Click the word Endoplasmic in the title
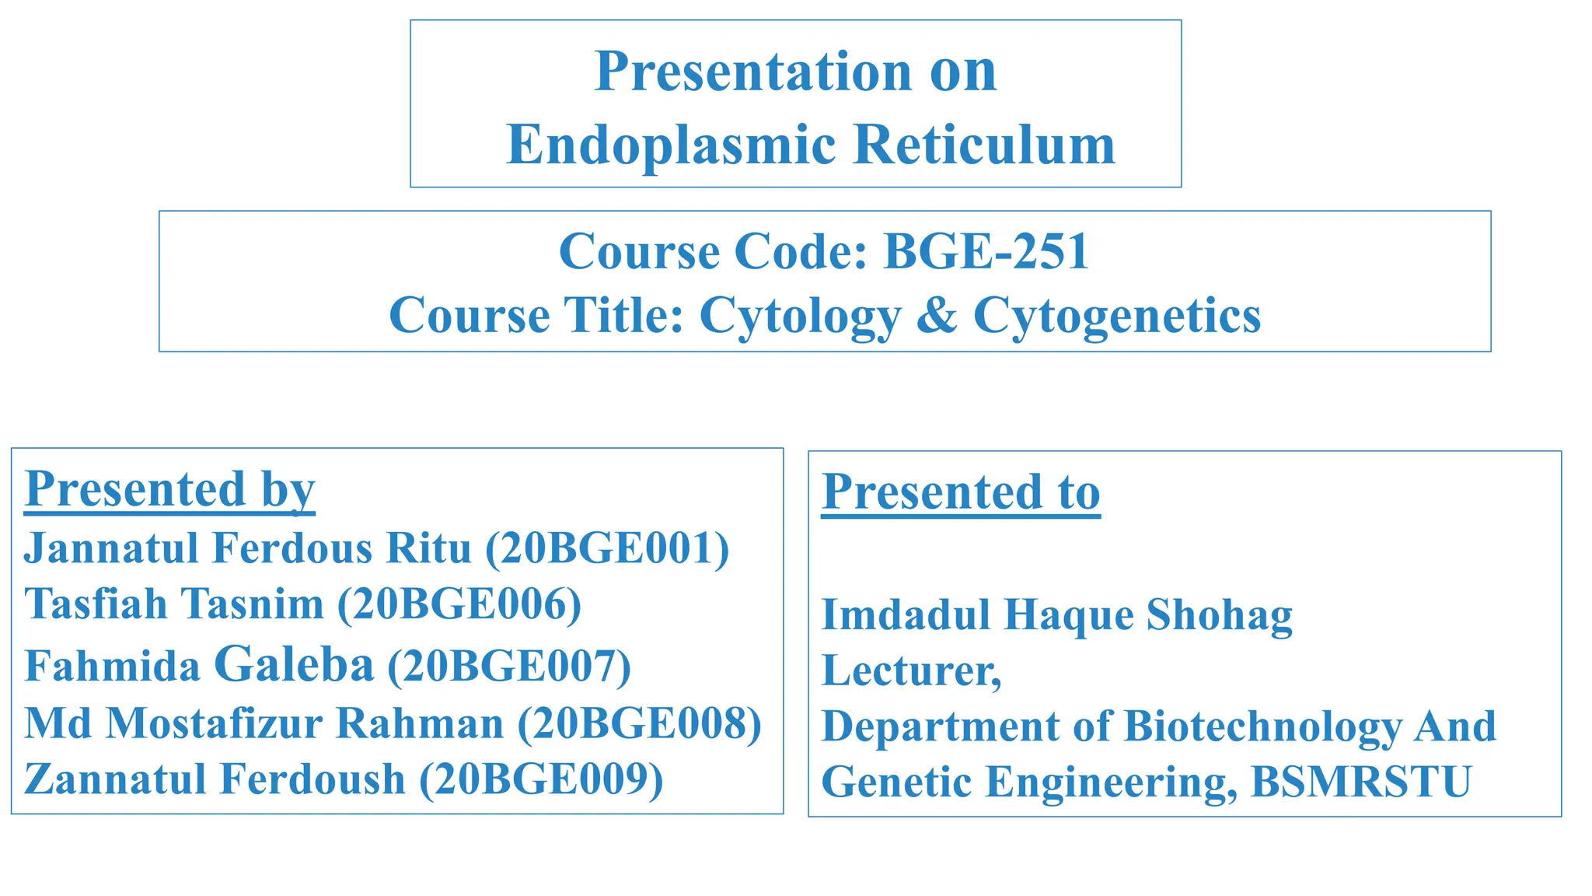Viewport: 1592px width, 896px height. tap(670, 145)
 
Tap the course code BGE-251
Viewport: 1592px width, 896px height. tap(986, 251)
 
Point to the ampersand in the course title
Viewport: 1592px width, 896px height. tap(937, 315)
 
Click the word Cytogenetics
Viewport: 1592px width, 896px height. tap(1117, 316)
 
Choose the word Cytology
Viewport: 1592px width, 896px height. tap(800, 317)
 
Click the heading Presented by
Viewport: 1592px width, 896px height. tap(169, 489)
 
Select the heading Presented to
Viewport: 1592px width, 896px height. tap(961, 492)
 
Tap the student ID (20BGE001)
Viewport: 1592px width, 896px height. tap(607, 548)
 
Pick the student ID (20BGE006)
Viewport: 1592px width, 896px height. tap(459, 604)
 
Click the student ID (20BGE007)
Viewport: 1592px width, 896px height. tap(508, 666)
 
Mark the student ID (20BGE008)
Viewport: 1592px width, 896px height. tap(639, 723)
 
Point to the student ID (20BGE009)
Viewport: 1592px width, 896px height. tap(541, 779)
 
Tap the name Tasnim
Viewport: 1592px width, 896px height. tap(253, 604)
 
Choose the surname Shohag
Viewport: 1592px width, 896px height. tap(1219, 615)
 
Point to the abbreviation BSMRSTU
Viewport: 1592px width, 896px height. tap(1360, 782)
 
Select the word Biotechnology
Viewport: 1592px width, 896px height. tap(1262, 726)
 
